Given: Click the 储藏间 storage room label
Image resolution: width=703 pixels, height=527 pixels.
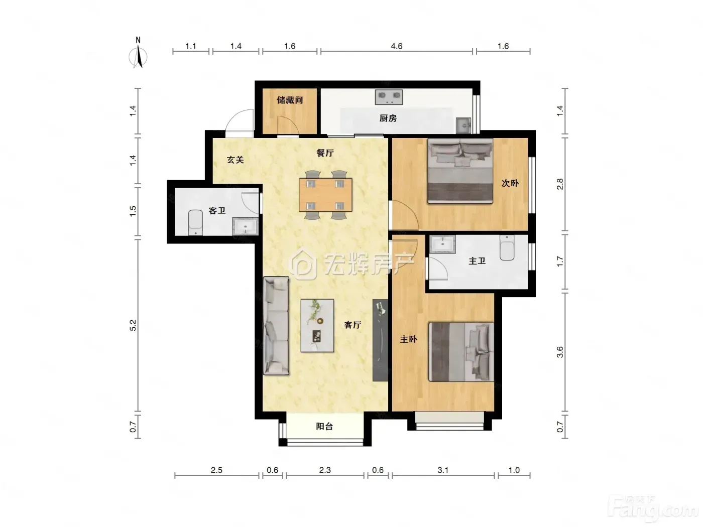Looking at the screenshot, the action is click(290, 100).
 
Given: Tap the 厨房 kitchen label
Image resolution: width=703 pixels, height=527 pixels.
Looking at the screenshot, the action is click(388, 118).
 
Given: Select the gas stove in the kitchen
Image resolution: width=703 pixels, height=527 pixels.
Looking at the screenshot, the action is click(389, 97).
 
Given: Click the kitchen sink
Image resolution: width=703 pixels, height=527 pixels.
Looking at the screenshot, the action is click(463, 125).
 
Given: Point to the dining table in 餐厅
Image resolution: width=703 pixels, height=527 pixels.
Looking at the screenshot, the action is click(325, 195).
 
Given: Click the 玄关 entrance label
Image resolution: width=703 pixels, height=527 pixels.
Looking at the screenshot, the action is click(236, 160).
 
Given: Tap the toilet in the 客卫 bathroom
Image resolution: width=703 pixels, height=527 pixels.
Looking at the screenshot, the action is click(195, 222).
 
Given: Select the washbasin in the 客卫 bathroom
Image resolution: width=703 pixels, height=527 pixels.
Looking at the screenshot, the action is click(245, 226).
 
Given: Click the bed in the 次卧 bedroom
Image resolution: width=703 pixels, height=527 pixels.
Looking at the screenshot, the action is click(460, 171).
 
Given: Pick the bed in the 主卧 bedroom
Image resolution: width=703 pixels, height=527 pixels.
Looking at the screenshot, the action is click(461, 352).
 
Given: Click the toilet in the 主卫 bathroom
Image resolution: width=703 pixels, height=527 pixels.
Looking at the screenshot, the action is click(507, 247).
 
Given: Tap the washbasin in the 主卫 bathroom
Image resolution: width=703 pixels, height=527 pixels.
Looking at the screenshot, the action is click(442, 244).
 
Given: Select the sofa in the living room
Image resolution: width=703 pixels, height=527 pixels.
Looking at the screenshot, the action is click(276, 326).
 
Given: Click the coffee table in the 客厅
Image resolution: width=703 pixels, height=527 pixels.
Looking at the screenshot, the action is click(317, 326).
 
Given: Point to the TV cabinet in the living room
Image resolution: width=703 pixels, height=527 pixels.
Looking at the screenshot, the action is click(380, 340).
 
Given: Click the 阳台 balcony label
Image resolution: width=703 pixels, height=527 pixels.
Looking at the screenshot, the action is click(324, 426).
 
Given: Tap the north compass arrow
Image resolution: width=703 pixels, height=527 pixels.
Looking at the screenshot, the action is click(138, 57).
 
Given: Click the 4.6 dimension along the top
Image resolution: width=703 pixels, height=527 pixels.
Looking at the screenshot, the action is click(397, 46).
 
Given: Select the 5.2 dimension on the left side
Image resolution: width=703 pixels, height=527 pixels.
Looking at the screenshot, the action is click(133, 325).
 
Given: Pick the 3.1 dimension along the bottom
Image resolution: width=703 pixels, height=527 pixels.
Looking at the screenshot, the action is click(443, 470).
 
